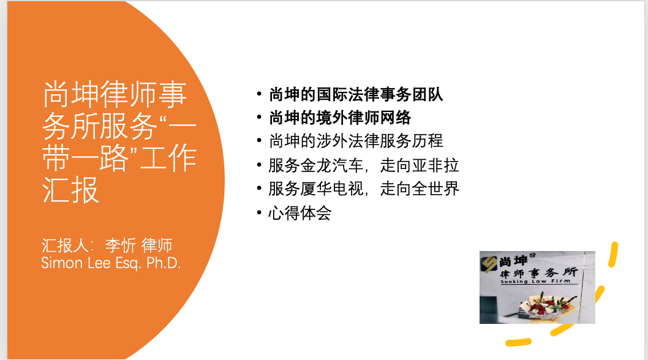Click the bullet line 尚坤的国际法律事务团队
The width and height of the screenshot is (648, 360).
356,95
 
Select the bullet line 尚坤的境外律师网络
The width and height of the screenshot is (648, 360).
340,118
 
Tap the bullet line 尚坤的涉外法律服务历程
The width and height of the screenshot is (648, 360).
356,141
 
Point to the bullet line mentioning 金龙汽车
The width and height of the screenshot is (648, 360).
364,165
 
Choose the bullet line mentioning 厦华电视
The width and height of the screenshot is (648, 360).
364,189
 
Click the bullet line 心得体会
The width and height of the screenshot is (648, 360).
300,213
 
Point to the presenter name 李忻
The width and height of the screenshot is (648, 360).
120,246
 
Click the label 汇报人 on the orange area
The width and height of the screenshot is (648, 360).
64,246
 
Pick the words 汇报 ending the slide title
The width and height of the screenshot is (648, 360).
70,190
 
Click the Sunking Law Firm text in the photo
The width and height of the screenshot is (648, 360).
535,282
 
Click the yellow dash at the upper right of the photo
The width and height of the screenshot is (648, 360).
613,255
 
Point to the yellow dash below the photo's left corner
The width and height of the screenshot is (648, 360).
519,342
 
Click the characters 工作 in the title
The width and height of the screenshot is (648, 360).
168,158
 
